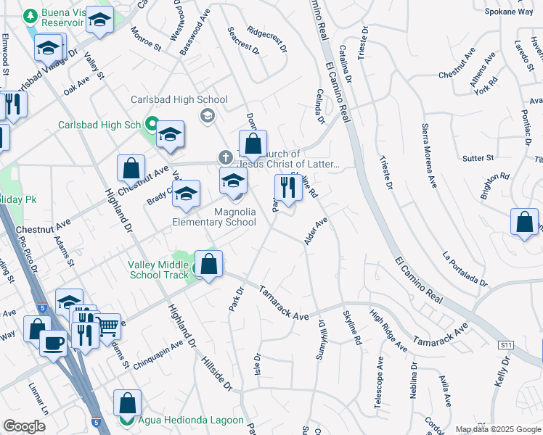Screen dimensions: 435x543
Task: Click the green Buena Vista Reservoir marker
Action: (x=31, y=15)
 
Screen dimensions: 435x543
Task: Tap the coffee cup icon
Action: (x=54, y=341)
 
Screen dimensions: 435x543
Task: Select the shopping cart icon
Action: (x=108, y=326)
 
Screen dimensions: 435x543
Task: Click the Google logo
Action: (x=24, y=426)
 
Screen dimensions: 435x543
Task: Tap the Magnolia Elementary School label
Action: (x=214, y=217)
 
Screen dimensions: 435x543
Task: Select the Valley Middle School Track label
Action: (x=160, y=270)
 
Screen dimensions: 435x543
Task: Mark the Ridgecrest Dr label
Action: (x=267, y=41)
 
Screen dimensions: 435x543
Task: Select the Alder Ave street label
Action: (x=317, y=230)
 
